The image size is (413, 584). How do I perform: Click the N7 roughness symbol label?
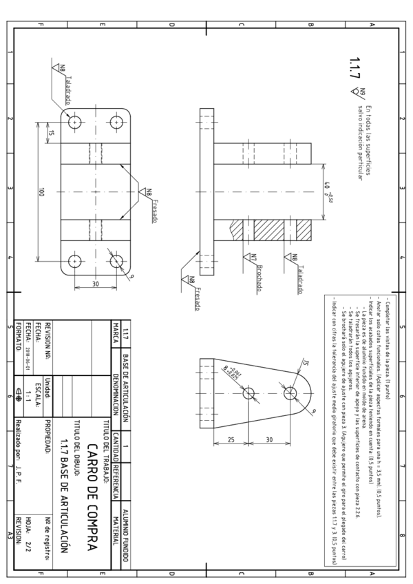pyautogui.click(x=247, y=256)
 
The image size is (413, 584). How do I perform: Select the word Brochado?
pyautogui.click(x=248, y=270)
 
